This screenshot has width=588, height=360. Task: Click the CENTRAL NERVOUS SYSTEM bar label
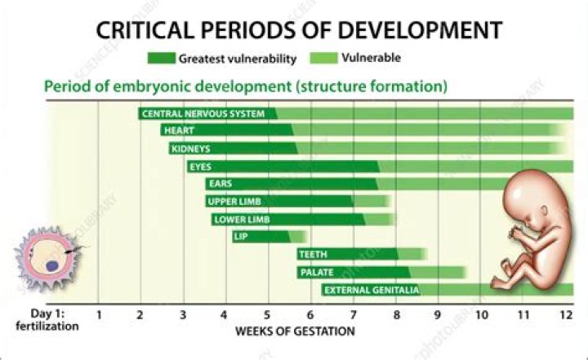click(x=203, y=113)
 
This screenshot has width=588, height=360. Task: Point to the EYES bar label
click(x=201, y=167)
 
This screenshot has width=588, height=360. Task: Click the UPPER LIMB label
click(x=235, y=202)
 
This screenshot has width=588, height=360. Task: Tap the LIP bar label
click(x=241, y=237)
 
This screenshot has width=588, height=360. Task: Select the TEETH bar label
click(x=314, y=255)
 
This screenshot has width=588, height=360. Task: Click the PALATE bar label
click(x=316, y=272)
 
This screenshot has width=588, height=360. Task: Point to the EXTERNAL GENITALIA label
click(x=372, y=290)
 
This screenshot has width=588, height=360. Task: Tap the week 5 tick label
click(x=267, y=314)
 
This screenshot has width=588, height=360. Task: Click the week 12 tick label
click(x=563, y=314)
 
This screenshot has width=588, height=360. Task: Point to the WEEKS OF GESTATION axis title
click(x=295, y=331)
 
